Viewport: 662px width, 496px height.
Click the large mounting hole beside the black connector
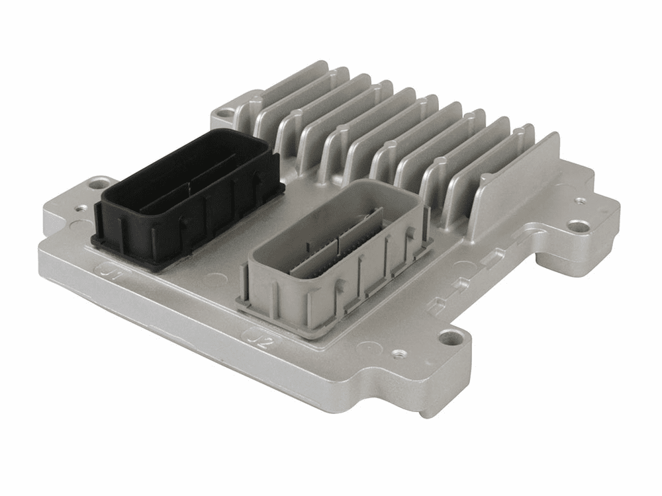click(x=100, y=182)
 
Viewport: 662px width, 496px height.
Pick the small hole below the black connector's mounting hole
click(x=81, y=209)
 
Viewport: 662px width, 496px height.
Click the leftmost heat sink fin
click(x=291, y=93)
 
